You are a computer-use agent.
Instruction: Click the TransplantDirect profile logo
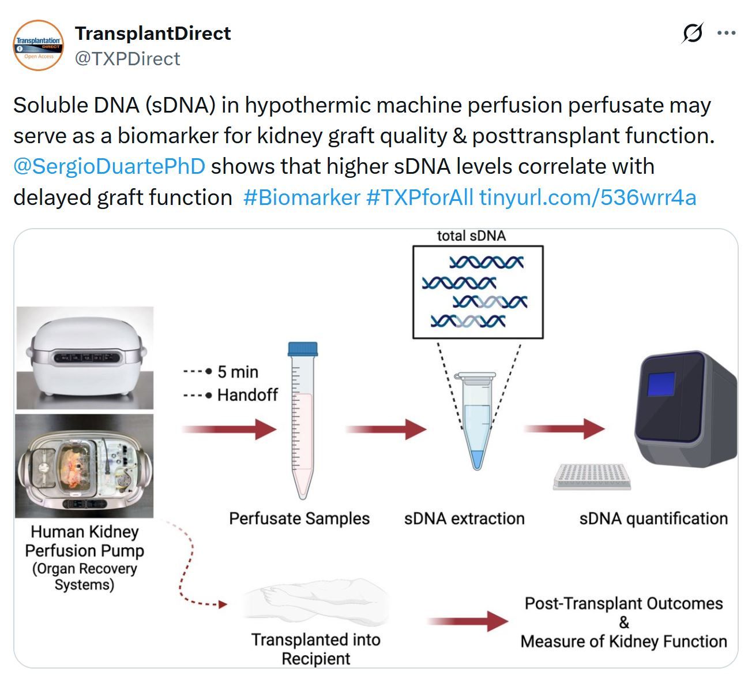[39, 45]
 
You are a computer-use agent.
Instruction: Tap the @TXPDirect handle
[127, 59]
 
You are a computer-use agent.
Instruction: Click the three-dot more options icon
[726, 33]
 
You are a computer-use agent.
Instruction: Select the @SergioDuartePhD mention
[109, 167]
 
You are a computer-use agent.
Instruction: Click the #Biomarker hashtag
[302, 197]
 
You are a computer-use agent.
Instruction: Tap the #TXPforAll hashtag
[419, 197]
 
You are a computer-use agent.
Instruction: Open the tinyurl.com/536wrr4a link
[588, 197]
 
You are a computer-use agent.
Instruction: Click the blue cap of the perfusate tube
[303, 349]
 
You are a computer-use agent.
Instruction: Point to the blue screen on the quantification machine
[661, 384]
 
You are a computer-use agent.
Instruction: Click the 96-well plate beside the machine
[592, 476]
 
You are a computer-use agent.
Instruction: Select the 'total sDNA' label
[471, 236]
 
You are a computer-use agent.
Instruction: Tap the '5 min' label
[238, 372]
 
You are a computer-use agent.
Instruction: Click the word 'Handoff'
[247, 395]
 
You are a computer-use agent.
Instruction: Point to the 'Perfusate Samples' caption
[299, 518]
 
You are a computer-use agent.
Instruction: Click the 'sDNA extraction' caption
[464, 518]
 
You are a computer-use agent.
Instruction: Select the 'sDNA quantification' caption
[653, 518]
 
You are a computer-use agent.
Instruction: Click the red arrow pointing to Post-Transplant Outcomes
[468, 621]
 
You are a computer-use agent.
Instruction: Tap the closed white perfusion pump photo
[85, 357]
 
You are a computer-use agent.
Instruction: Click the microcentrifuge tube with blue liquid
[477, 420]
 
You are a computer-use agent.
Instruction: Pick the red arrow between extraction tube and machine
[564, 429]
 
